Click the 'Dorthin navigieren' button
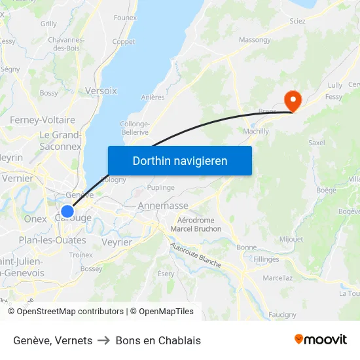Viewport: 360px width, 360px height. (x=180, y=160)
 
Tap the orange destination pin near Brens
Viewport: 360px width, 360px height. (x=292, y=100)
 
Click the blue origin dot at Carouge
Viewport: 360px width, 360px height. (x=67, y=211)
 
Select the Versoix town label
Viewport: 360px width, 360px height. (x=101, y=91)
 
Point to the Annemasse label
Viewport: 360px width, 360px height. (x=163, y=206)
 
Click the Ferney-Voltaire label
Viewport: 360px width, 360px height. (x=43, y=120)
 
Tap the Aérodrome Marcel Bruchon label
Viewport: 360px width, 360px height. (x=196, y=225)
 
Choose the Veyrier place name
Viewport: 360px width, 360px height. (x=117, y=242)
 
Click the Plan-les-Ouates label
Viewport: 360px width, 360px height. (x=52, y=240)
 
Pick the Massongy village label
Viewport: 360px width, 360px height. (x=255, y=40)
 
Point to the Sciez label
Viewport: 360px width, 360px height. (x=297, y=21)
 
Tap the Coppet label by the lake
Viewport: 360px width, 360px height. (x=124, y=42)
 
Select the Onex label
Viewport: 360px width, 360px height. (x=35, y=219)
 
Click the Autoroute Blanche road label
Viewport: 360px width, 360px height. (x=195, y=255)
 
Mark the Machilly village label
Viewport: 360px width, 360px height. (x=256, y=131)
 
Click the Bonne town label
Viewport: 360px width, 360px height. (x=246, y=247)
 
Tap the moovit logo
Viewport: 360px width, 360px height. (x=321, y=339)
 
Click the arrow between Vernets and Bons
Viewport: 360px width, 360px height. (x=104, y=340)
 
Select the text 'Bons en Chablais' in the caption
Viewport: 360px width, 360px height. (x=158, y=340)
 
